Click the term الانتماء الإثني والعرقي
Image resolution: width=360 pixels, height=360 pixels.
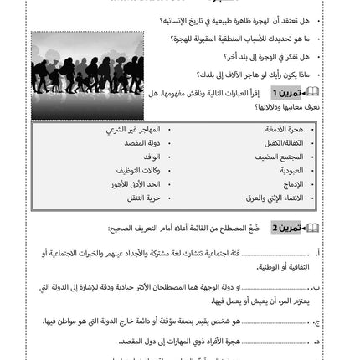pos(277,198)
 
